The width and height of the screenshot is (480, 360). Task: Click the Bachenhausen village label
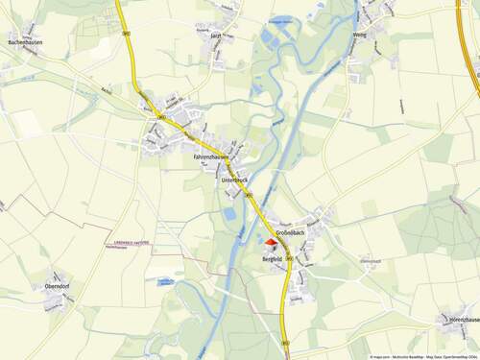[x=25, y=43]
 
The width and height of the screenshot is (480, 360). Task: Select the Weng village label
[x=360, y=35]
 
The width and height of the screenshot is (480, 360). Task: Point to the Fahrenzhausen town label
[x=211, y=156]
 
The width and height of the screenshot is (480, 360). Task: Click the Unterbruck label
[x=234, y=180]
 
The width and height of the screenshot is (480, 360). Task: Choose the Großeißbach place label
[x=291, y=232]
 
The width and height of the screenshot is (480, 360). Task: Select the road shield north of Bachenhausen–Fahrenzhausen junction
[x=126, y=32]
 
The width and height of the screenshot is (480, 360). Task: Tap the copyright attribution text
[x=422, y=356]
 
